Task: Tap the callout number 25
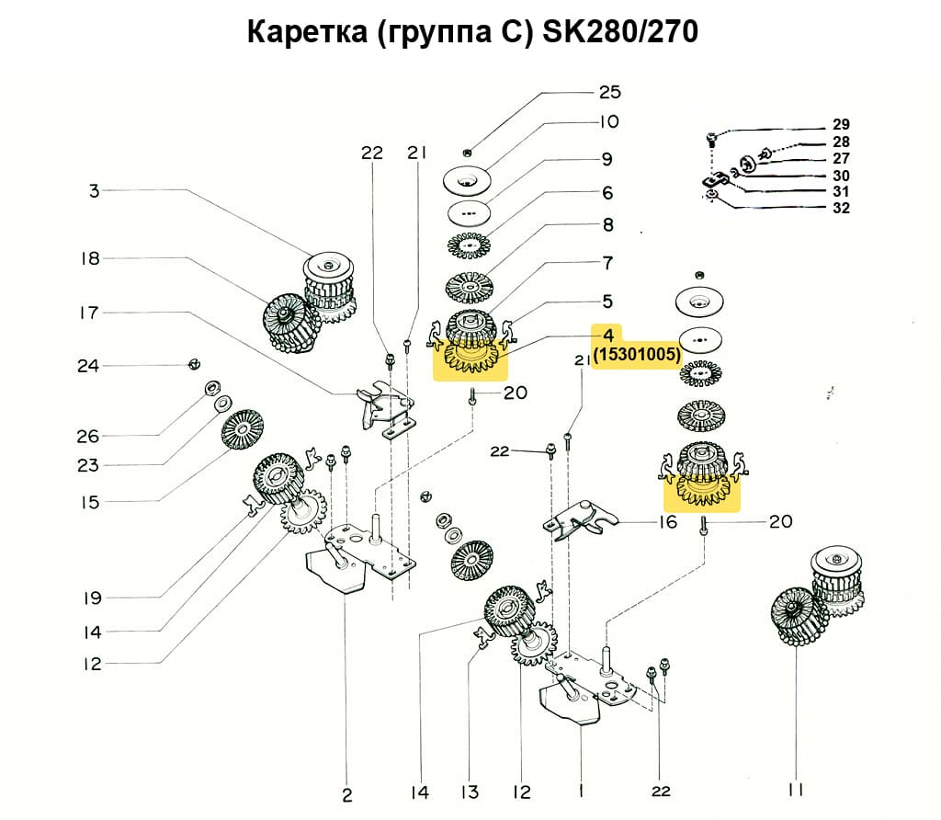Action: (609, 92)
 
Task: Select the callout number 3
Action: (94, 191)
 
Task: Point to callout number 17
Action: (88, 313)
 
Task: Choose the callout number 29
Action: (841, 124)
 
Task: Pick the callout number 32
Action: (841, 208)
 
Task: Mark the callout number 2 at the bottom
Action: (346, 794)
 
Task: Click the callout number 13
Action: (470, 792)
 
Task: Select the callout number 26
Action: (88, 436)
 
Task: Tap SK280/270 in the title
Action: (621, 33)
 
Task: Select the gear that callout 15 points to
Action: (244, 429)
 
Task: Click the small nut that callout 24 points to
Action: (193, 365)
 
